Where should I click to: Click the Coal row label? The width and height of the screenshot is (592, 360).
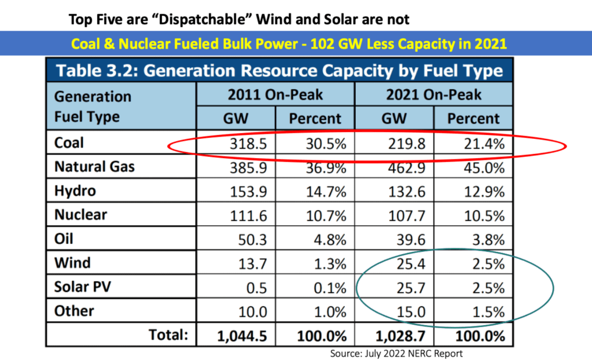click(69, 142)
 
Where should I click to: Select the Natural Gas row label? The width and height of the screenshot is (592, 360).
click(94, 167)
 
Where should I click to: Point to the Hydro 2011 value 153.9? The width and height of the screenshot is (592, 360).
click(247, 192)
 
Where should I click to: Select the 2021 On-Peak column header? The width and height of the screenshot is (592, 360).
click(433, 94)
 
